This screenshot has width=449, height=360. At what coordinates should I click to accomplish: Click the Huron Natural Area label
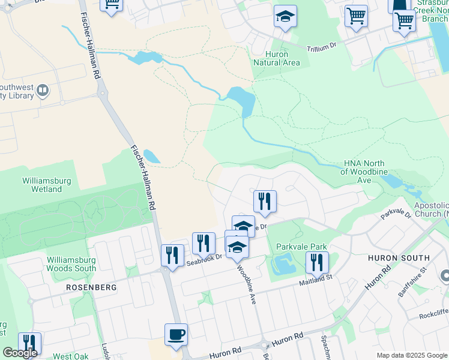(276, 58)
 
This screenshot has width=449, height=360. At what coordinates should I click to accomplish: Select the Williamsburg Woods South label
(71, 264)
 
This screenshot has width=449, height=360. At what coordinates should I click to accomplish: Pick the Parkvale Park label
(301, 247)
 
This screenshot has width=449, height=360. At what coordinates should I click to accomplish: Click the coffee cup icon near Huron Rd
(176, 334)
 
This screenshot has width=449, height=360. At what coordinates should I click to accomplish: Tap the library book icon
(43, 91)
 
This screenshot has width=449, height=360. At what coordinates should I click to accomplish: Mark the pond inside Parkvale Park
(282, 263)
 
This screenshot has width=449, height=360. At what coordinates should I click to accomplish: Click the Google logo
(20, 353)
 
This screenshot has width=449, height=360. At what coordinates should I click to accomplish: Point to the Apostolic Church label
(431, 209)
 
